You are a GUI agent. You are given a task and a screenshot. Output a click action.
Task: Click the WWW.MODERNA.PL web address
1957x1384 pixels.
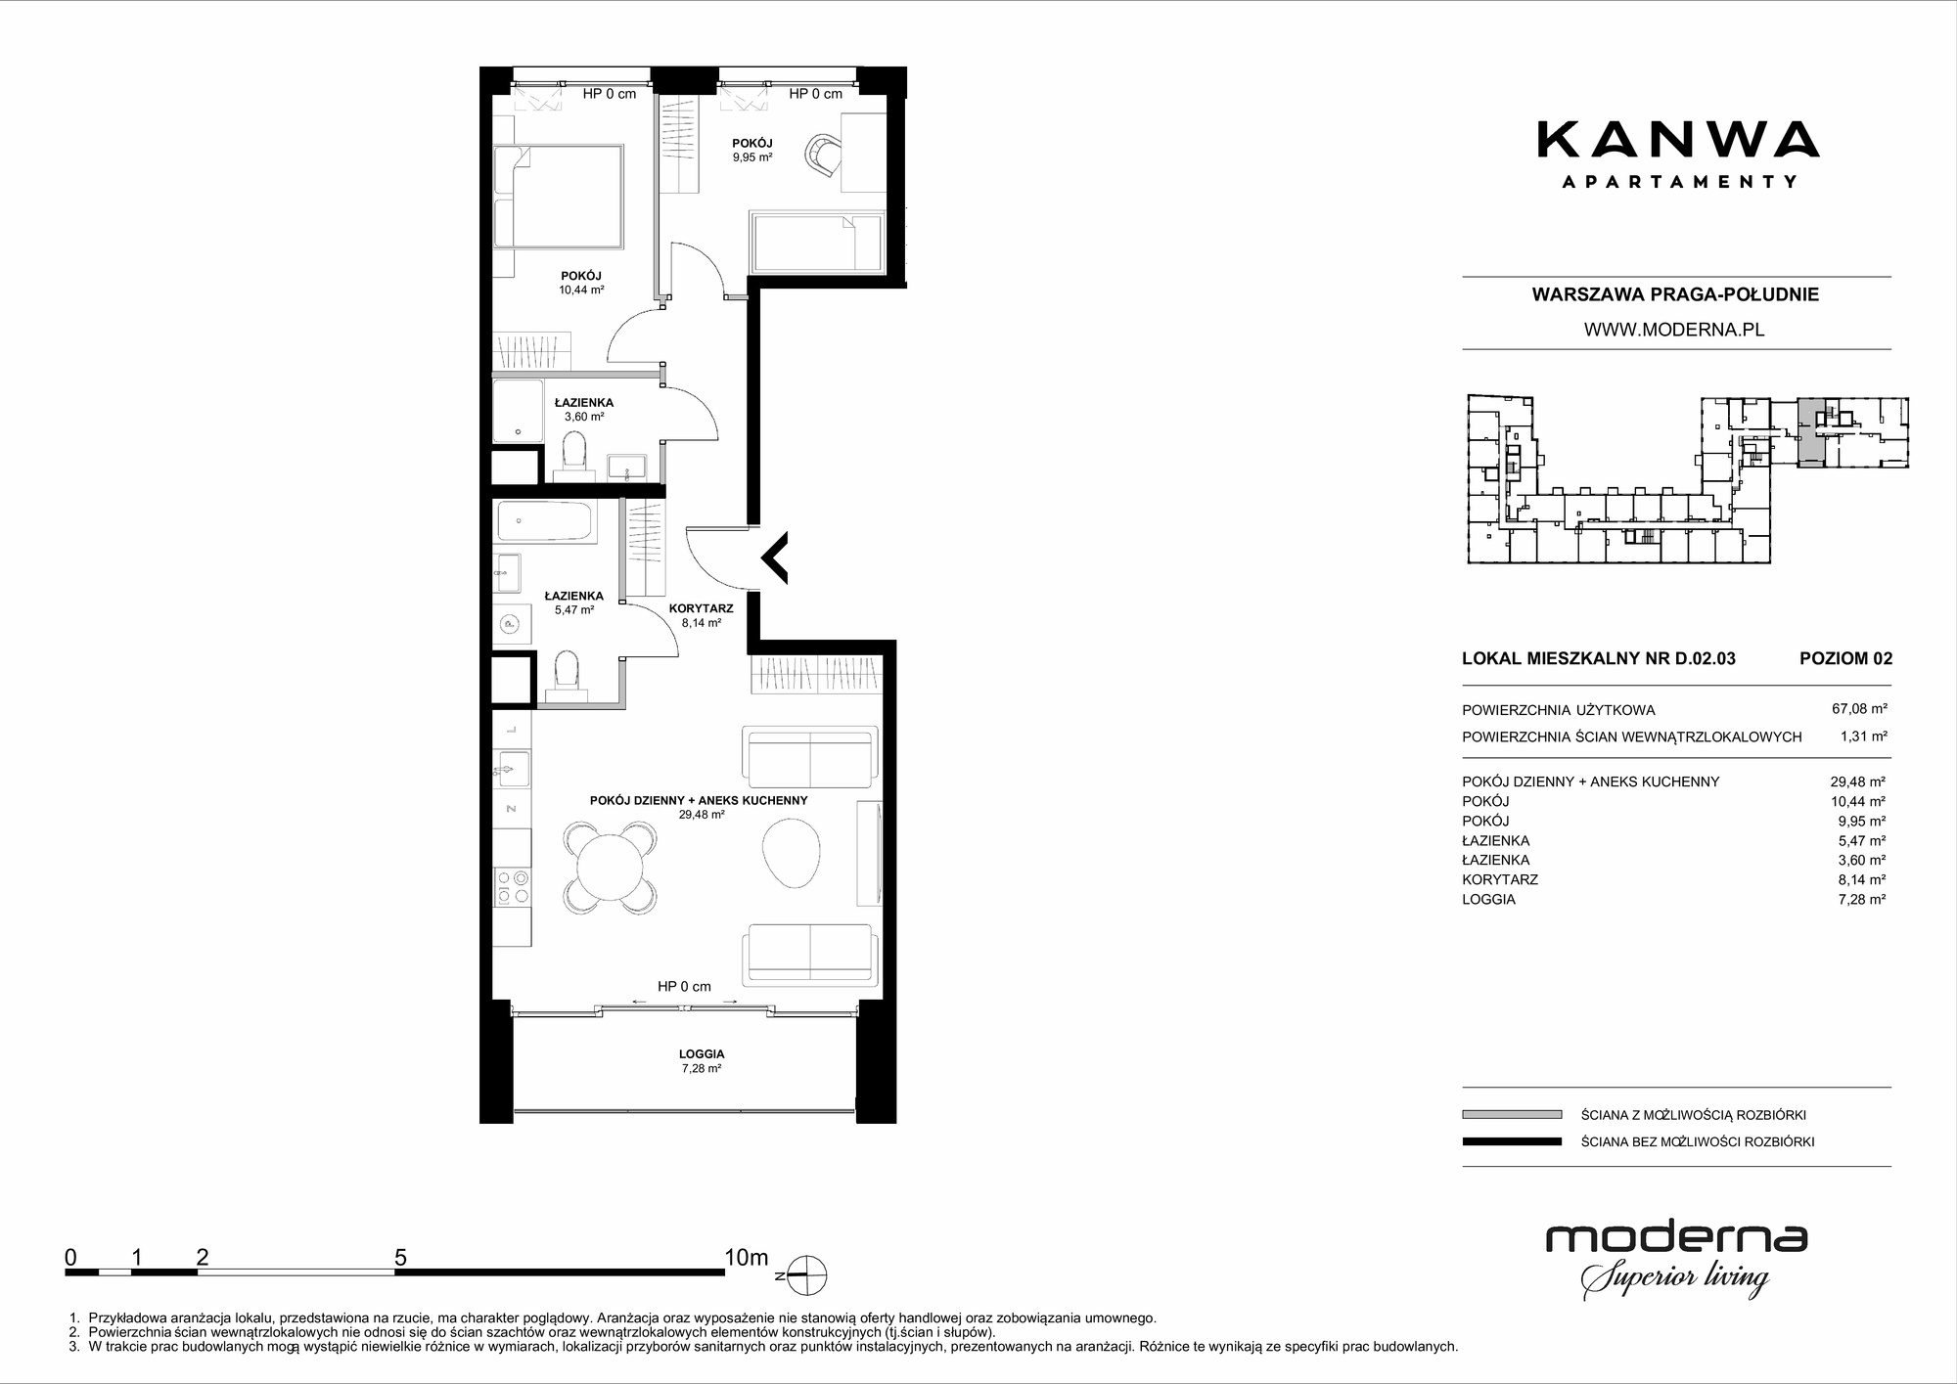1674,330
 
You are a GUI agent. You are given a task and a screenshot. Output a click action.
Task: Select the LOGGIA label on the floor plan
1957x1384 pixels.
702,1054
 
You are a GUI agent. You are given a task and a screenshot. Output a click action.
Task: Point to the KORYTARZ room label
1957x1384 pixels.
701,608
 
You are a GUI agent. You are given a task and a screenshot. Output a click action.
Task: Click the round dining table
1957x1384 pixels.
610,867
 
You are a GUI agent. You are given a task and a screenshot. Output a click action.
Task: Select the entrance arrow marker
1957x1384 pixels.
775,558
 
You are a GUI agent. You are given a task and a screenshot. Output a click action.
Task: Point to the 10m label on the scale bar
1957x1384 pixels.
747,1257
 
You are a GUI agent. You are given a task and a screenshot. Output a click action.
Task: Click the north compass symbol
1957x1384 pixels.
807,1275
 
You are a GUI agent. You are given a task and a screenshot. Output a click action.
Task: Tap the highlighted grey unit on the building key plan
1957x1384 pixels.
1812,433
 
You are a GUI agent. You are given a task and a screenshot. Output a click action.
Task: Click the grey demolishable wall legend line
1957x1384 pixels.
1511,1114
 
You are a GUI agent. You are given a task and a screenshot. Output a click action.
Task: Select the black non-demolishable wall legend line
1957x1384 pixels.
1511,1141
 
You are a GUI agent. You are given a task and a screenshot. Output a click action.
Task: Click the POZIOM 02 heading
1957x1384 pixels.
1845,658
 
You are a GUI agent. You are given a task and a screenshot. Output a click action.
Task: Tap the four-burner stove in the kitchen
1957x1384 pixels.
513,887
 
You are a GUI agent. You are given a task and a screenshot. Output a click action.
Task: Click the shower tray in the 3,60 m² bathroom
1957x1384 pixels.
518,409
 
